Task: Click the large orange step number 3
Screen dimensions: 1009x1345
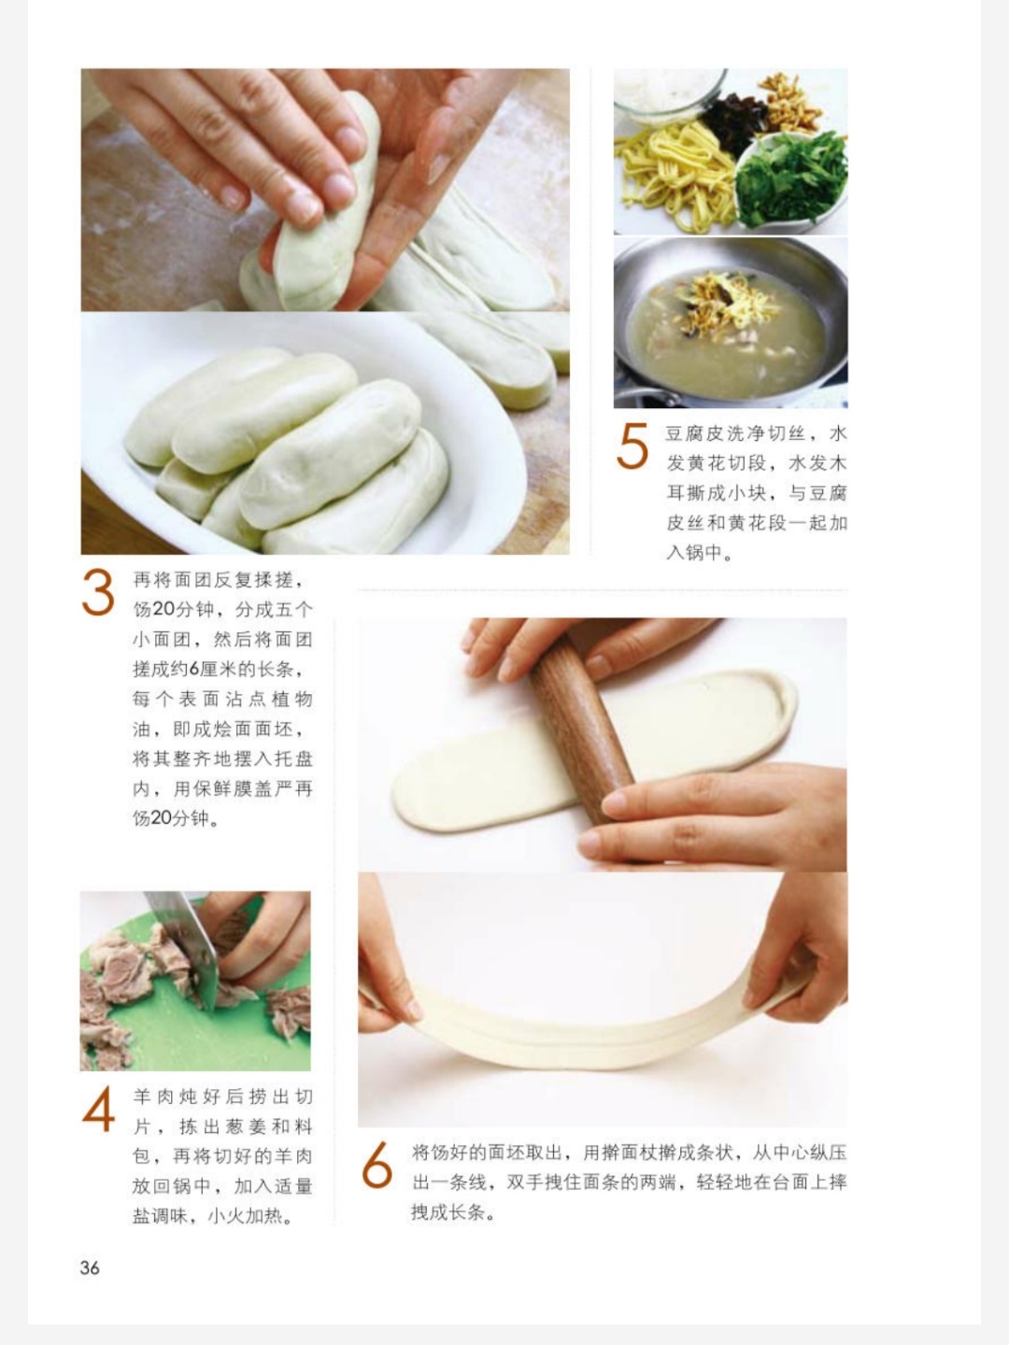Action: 98,591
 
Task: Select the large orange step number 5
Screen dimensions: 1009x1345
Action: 632,446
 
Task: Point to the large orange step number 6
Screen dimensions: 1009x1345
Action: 377,1164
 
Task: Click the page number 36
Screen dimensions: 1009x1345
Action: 90,1267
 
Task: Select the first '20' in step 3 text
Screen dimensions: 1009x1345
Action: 164,609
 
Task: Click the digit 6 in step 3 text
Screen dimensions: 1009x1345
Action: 194,669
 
